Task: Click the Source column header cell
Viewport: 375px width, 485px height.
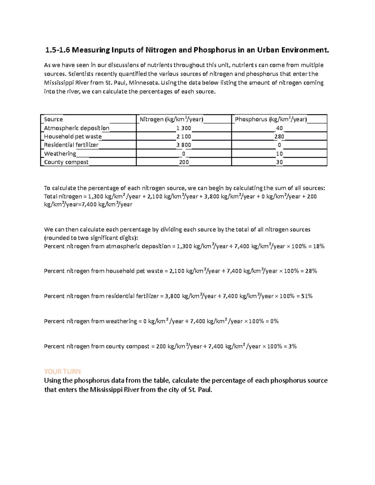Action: tap(53, 119)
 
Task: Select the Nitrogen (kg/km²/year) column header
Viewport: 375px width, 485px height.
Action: tap(171, 119)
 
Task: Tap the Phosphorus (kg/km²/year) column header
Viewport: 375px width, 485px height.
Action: tap(271, 119)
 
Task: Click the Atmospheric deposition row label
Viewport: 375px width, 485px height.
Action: tap(77, 128)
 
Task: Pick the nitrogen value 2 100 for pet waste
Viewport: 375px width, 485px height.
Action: tap(183, 136)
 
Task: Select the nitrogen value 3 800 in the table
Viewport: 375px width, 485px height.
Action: tap(183, 145)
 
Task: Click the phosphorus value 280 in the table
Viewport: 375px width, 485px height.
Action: tap(279, 136)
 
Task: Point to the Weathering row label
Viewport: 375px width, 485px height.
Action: tap(60, 154)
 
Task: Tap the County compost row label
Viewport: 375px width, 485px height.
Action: tap(66, 162)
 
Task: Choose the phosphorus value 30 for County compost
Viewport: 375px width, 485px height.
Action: tap(279, 162)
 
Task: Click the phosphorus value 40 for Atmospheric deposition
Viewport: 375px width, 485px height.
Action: tap(279, 128)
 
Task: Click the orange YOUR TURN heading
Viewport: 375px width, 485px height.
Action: tap(62, 371)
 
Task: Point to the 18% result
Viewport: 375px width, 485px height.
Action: tap(318, 246)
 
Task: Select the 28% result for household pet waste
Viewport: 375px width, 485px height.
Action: tap(311, 271)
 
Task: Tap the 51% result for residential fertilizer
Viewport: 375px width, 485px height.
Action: tap(307, 296)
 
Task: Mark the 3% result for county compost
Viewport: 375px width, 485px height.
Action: tap(292, 346)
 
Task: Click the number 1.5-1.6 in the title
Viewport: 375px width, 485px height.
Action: tap(57, 50)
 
